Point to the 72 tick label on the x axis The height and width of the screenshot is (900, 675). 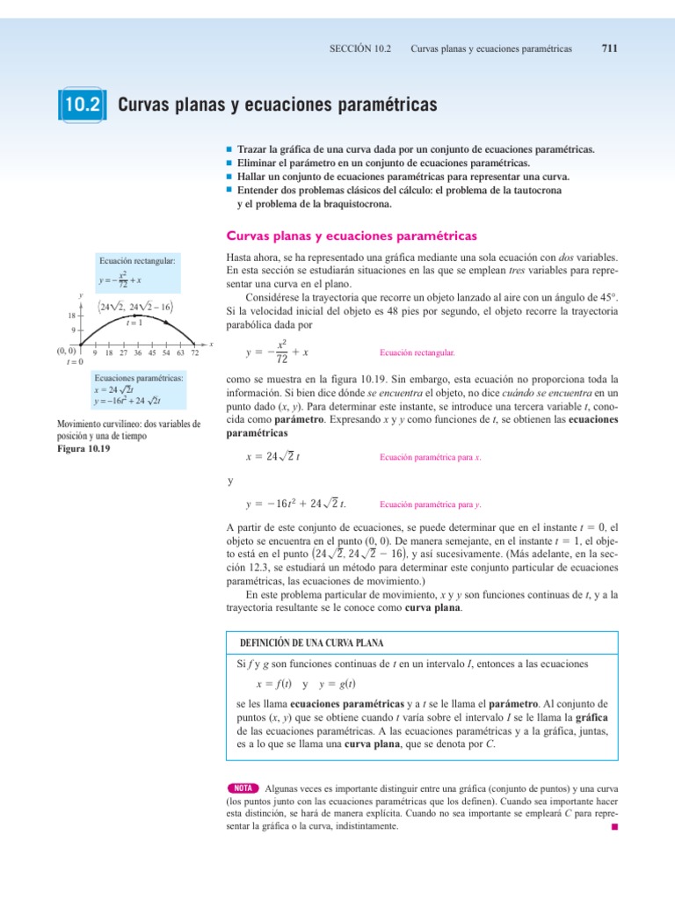click(194, 353)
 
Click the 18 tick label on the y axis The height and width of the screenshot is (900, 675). click(71, 315)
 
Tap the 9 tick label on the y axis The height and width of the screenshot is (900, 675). click(74, 330)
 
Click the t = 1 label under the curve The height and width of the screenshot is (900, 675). click(134, 323)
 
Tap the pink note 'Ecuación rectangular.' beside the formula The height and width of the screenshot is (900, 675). click(417, 352)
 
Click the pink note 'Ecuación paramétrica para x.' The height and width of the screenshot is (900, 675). click(430, 458)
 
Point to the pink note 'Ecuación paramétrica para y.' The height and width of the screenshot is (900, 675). click(430, 505)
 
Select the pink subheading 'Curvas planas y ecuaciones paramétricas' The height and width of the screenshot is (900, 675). click(352, 236)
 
